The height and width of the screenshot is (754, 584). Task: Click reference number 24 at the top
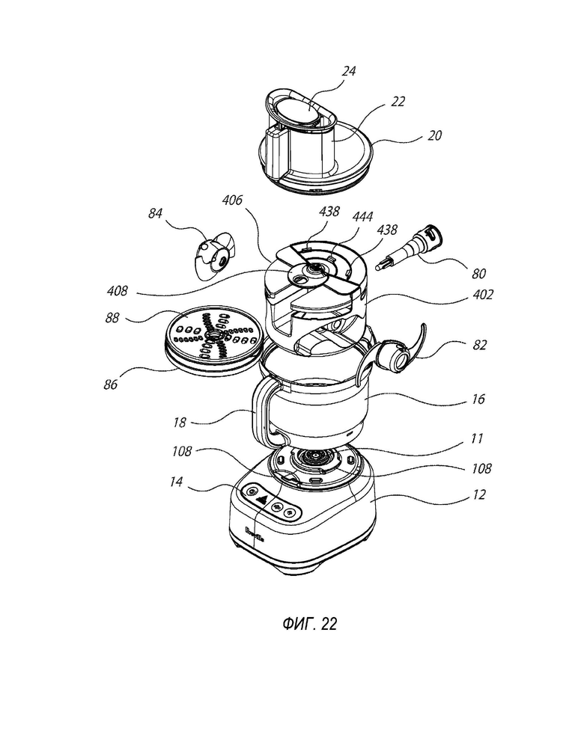tap(349, 72)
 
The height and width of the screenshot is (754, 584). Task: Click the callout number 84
tap(156, 215)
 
